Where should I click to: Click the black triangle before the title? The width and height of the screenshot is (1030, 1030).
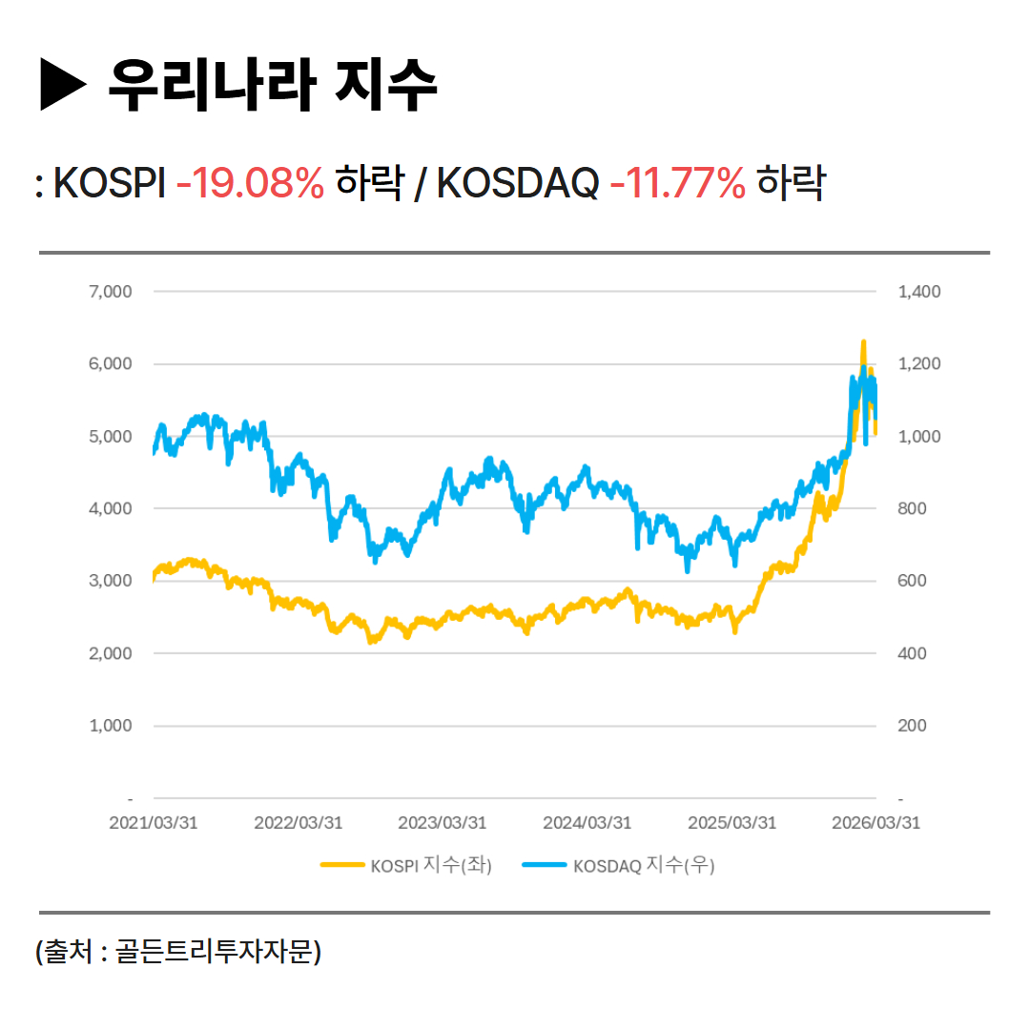[64, 85]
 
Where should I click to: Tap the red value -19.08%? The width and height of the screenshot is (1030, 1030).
[251, 183]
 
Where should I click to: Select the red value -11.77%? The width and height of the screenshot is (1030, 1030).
[677, 183]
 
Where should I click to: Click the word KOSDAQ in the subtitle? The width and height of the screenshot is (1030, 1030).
[518, 183]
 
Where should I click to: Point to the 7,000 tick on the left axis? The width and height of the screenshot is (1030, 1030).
[110, 291]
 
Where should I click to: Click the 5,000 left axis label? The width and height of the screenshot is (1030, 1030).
[110, 436]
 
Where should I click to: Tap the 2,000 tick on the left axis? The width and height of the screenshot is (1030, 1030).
[110, 653]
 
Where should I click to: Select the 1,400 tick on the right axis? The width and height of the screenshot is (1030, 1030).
[919, 291]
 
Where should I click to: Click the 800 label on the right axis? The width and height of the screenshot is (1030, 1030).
[914, 508]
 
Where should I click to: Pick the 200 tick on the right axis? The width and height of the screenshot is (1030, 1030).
[914, 726]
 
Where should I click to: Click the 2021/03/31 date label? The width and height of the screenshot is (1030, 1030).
[154, 823]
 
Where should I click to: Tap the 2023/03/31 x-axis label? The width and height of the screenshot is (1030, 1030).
[443, 823]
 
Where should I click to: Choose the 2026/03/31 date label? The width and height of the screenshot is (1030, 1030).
[876, 823]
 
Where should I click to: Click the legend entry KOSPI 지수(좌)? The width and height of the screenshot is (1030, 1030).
[406, 866]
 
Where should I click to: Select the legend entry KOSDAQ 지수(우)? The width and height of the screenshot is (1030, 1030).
[620, 866]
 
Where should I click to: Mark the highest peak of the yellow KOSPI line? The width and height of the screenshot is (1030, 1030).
[863, 341]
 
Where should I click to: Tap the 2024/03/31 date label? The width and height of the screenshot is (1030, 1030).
[587, 823]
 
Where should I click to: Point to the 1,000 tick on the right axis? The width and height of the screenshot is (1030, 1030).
[919, 436]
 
